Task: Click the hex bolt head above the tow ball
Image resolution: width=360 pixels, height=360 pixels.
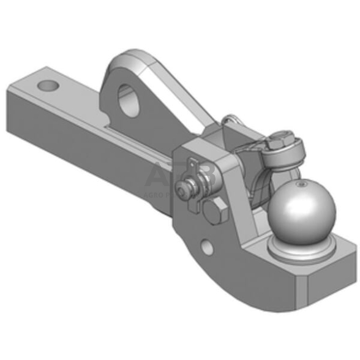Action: [x=277, y=144]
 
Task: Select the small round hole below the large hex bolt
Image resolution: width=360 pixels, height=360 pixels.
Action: [x=208, y=246]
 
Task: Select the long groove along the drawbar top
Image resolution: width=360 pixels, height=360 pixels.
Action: [x=122, y=132]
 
